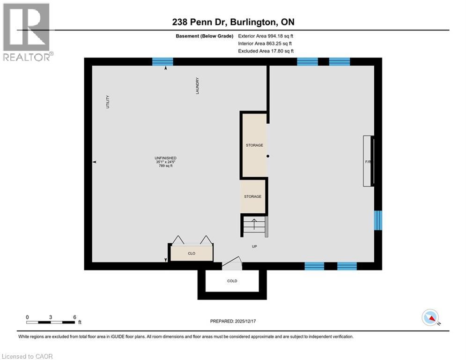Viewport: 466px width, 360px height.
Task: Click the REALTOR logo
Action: pyautogui.click(x=27, y=31)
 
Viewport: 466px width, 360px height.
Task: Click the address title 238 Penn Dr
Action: pyautogui.click(x=233, y=22)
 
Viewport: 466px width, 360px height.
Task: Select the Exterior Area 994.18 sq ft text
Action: pyautogui.click(x=266, y=36)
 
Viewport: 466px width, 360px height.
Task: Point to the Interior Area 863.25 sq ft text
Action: pyautogui.click(x=266, y=43)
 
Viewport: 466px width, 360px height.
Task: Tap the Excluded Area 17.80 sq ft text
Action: pyautogui.click(x=266, y=51)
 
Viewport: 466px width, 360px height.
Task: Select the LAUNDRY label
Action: pyautogui.click(x=198, y=86)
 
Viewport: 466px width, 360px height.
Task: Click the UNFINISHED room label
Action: pyautogui.click(x=166, y=162)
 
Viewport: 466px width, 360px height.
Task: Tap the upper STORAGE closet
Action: pyautogui.click(x=254, y=145)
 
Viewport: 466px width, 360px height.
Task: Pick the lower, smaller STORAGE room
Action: pyautogui.click(x=253, y=196)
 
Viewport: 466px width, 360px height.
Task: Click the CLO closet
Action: pyautogui.click(x=191, y=253)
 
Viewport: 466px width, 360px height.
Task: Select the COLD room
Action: pyautogui.click(x=232, y=281)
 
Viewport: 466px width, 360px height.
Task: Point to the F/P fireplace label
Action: pyautogui.click(x=368, y=162)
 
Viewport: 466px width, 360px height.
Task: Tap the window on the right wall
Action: pyautogui.click(x=378, y=220)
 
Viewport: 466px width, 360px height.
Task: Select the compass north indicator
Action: pyautogui.click(x=430, y=318)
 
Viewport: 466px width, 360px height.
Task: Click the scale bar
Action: pyautogui.click(x=51, y=322)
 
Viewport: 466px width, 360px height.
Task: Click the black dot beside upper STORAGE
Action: pyautogui.click(x=268, y=157)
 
